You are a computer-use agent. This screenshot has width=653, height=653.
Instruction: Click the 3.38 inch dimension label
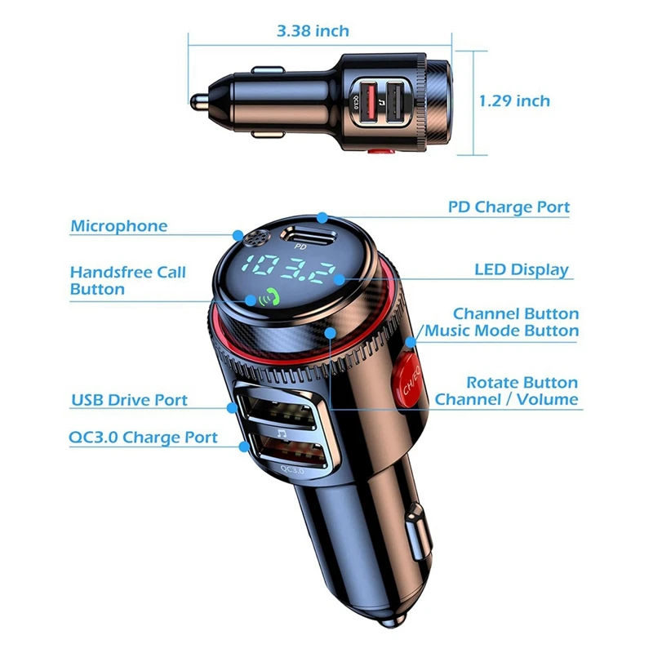pos(313,32)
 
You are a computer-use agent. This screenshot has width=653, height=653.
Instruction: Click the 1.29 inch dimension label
pos(514,101)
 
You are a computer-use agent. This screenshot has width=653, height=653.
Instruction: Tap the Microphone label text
pos(118,226)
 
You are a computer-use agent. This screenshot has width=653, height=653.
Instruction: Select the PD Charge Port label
pos(509,207)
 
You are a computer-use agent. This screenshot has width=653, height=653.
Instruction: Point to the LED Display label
pos(522,269)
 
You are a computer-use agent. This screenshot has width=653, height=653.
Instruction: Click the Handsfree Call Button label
pos(128,280)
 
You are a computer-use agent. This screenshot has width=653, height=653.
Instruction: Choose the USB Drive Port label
pos(129,400)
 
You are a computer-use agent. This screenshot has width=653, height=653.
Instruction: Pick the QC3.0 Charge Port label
pos(144,438)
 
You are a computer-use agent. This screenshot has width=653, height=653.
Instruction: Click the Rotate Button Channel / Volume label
pos(507,391)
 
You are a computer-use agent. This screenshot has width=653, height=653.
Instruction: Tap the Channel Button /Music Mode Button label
pos(499,322)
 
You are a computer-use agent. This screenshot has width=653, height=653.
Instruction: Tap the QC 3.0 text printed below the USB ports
pos(291,470)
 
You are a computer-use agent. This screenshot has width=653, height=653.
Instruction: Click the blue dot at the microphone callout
pos(238,233)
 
